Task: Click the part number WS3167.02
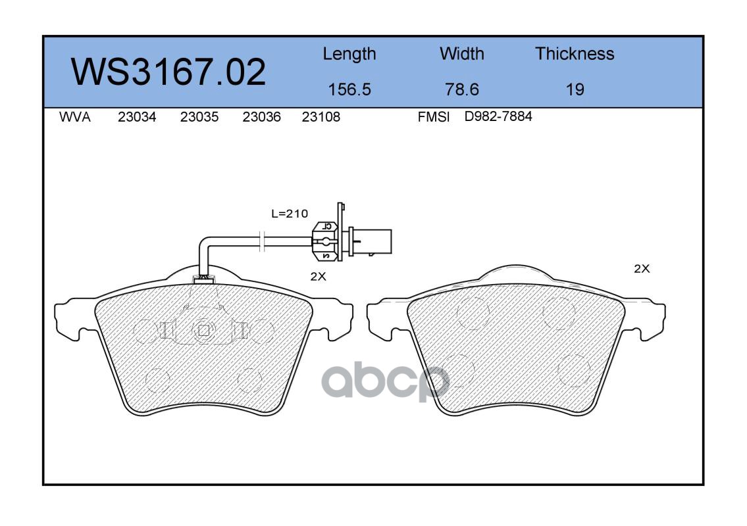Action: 168,72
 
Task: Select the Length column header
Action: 349,55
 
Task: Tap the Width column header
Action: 461,53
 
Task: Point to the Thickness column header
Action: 575,53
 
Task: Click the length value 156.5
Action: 349,89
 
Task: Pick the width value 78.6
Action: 461,89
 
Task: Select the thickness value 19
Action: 575,89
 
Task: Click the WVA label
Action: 75,117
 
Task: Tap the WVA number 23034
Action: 137,117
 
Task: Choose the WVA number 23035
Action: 199,117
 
